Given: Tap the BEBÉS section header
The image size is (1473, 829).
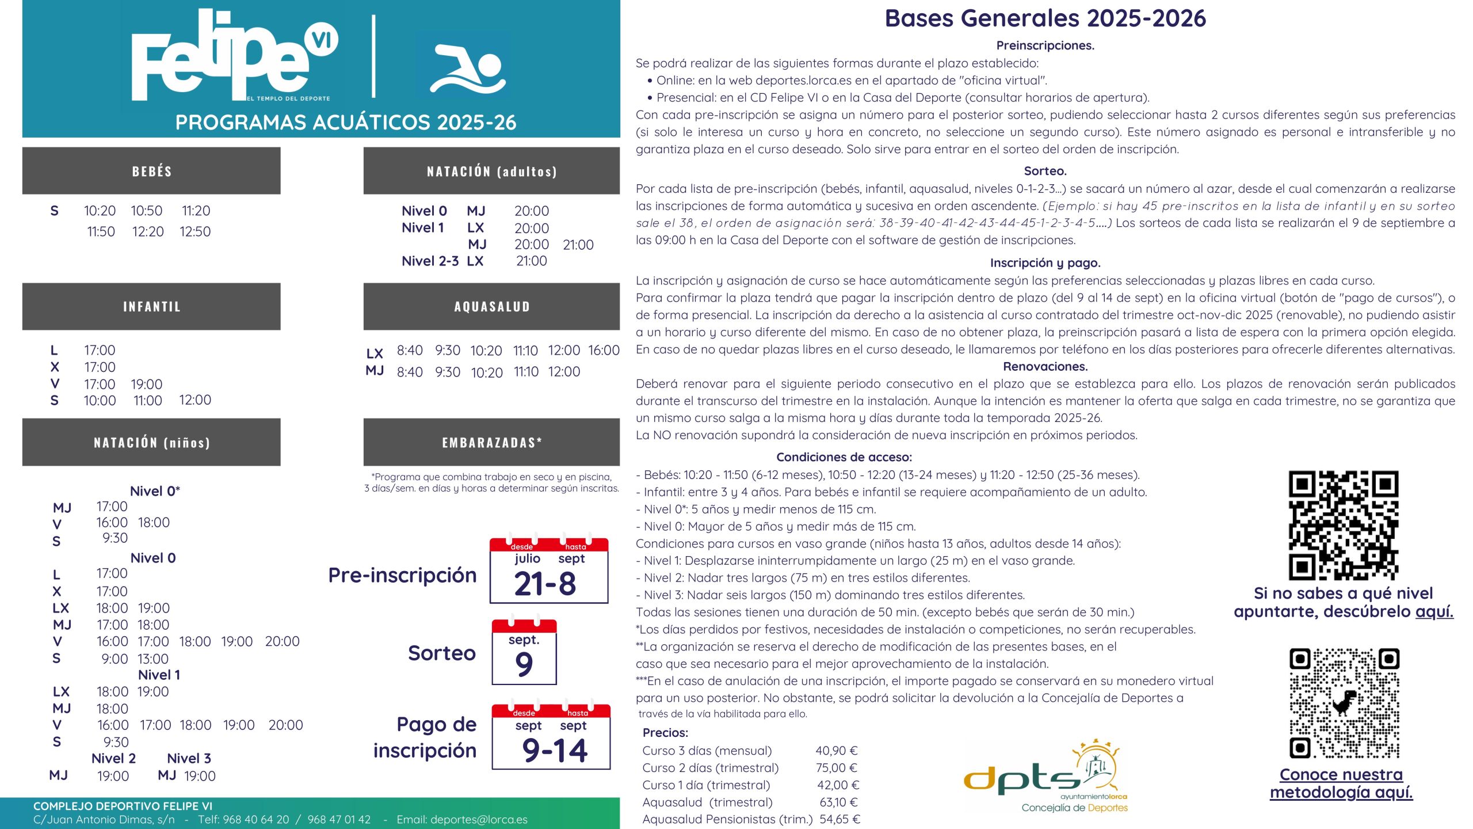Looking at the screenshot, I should point(151,171).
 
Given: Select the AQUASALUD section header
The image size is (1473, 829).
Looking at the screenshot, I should point(491,306).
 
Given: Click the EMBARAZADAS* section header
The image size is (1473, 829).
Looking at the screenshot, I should point(491,442).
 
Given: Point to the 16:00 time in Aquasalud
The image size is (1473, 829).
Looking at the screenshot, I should point(604,350).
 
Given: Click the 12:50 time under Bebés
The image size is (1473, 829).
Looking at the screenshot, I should point(195,231).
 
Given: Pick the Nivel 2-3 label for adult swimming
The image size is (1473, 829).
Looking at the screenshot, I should point(430,261).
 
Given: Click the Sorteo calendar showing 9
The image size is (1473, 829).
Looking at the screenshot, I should point(524,652).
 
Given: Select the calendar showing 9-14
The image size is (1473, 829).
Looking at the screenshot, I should point(551,737).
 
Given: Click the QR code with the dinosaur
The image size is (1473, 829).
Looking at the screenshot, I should point(1344,703).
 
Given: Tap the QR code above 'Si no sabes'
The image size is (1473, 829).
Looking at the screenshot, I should point(1343,525).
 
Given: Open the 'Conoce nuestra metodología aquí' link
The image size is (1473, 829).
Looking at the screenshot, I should point(1341,784).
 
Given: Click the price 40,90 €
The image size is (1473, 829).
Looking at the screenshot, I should point(836,751).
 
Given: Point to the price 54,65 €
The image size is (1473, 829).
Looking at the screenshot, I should point(839,819).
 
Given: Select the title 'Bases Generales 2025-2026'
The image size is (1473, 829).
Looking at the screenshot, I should point(1045,18).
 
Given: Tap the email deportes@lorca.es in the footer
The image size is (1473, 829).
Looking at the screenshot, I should point(461,819).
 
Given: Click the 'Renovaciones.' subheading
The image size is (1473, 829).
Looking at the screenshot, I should point(1045,367).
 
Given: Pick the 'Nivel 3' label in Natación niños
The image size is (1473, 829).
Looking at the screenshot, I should point(189,758).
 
